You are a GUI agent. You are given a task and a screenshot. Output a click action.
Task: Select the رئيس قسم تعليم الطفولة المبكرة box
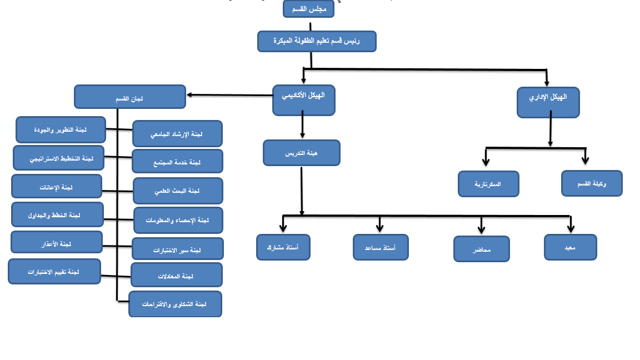click(317, 41)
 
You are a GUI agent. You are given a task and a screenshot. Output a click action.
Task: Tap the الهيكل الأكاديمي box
click(303, 100)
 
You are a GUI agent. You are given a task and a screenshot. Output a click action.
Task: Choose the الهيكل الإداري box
click(548, 102)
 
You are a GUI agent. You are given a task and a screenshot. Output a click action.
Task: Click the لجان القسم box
click(129, 97)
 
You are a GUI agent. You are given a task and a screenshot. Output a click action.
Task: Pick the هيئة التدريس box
click(301, 153)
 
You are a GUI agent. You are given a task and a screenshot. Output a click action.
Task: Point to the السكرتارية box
click(488, 184)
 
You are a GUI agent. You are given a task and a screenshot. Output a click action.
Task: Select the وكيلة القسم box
click(592, 183)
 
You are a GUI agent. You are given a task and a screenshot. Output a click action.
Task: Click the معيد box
click(570, 247)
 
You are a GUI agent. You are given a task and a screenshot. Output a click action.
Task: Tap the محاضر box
click(482, 249)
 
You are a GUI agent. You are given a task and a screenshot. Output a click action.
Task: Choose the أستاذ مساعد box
click(381, 247)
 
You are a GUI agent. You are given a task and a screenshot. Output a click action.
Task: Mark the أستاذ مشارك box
click(283, 247)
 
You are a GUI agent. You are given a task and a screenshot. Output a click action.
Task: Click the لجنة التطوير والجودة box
click(61, 129)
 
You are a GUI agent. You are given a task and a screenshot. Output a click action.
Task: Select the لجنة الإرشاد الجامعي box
click(177, 134)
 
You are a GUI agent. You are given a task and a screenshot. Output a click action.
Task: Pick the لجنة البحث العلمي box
click(178, 191)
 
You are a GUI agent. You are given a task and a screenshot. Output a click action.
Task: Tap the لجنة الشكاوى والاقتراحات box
click(175, 304)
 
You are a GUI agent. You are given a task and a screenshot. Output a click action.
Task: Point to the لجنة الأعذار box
click(57, 242)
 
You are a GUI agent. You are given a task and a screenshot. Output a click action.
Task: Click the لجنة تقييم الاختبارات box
click(54, 271)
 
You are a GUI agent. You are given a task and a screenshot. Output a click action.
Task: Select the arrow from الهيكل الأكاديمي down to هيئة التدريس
click(302, 124)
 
